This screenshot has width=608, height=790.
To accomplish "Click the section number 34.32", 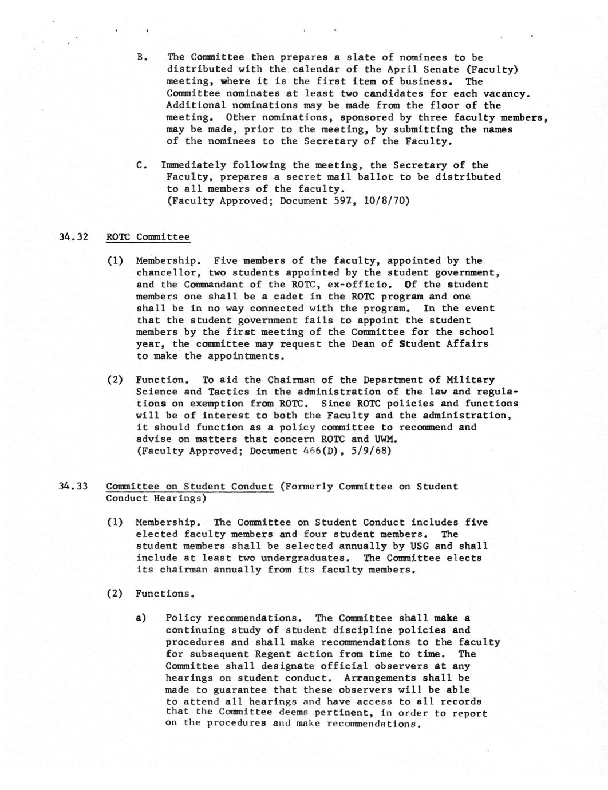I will pos(74,237).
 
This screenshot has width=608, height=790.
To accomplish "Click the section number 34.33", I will pos(74,487).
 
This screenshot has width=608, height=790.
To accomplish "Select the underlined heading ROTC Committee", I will pos(148,237).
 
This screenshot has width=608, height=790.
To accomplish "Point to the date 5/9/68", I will pos(373,451).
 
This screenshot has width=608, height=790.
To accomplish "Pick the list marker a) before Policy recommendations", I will pos(141,618).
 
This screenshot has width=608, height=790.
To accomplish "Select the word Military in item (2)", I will pos(471,380).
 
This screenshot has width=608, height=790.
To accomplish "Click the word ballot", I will pos(376,177).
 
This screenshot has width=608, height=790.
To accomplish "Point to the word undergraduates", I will pos(304,558).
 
